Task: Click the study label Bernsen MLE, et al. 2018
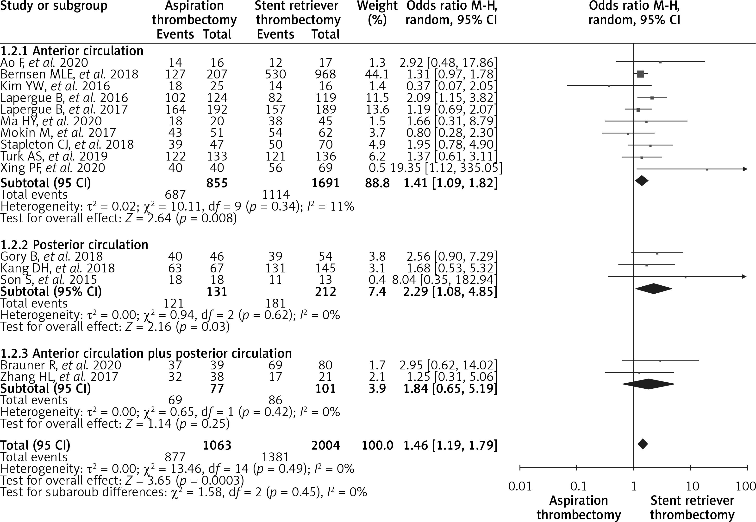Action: pyautogui.click(x=69, y=74)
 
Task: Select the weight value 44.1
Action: pyautogui.click(x=377, y=74)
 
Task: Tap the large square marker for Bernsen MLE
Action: pyautogui.click(x=640, y=74)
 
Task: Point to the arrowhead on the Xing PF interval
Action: pyautogui.click(x=745, y=169)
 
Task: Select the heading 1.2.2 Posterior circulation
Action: pyautogui.click(x=74, y=245)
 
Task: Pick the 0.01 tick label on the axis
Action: pyautogui.click(x=520, y=486)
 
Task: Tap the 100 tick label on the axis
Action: pyautogui.click(x=746, y=486)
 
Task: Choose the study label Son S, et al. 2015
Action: pyautogui.click(x=49, y=280)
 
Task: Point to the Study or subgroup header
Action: pyautogui.click(x=54, y=6)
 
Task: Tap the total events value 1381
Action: pyautogui.click(x=275, y=457)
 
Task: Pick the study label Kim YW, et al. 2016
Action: pyautogui.click(x=55, y=86)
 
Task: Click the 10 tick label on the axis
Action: pyautogui.click(x=692, y=486)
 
